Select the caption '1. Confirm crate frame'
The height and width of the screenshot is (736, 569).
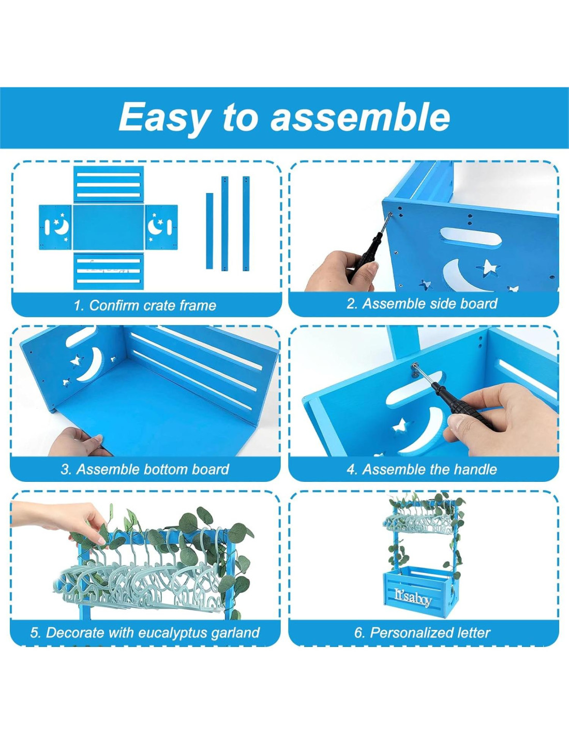[145, 305]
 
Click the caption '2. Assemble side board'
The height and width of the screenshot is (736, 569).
[422, 304]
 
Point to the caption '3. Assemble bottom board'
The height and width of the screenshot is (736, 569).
[145, 469]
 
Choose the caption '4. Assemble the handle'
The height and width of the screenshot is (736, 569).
[422, 469]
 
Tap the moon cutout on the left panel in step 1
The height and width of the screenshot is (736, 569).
[62, 227]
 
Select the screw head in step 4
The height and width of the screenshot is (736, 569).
[414, 365]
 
